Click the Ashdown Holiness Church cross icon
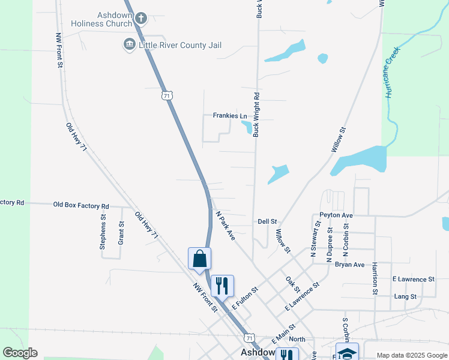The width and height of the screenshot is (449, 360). pos(141,18)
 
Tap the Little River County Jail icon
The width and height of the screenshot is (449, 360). pos(128,45)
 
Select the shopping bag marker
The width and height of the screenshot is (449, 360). pos(200,259)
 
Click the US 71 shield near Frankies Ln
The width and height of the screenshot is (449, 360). pos(167,95)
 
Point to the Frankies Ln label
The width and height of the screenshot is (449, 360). pos(230,116)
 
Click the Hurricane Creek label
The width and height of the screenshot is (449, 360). pos(392,74)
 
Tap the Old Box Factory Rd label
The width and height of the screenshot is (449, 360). pos(81,205)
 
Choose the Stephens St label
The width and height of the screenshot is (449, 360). pos(103,235)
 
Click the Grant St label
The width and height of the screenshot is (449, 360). pos(121,233)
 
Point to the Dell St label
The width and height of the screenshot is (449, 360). pos(267,221)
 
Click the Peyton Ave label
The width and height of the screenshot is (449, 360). pos(336,215)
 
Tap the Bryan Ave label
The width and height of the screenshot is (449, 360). pos(350,265)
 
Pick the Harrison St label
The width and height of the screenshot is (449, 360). pos(375,278)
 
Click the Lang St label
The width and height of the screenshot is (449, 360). pos(405,296)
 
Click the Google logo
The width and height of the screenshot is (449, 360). pos(20,353)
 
